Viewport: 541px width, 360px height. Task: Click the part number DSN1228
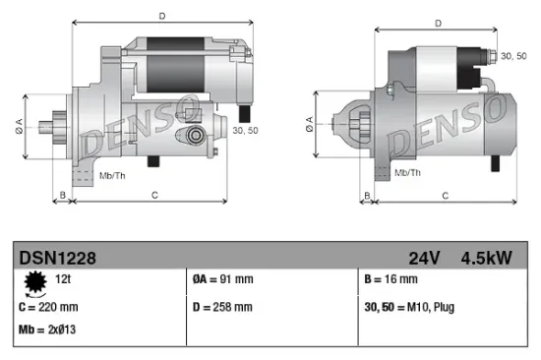tap(57, 259)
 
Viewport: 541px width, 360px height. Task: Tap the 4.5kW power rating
tap(486, 259)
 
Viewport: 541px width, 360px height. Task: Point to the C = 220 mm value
tap(51, 307)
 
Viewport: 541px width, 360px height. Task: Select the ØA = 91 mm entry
tap(224, 279)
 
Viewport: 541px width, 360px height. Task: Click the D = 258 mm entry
tap(223, 307)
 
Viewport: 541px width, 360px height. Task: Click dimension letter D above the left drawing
tap(162, 15)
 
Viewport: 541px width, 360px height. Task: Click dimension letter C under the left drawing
tap(155, 196)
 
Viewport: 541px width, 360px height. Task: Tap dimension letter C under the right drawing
tap(445, 196)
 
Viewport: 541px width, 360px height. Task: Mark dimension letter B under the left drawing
tap(63, 196)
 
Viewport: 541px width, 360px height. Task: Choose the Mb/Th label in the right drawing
tap(407, 172)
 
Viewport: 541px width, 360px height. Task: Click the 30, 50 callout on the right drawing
tap(514, 56)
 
